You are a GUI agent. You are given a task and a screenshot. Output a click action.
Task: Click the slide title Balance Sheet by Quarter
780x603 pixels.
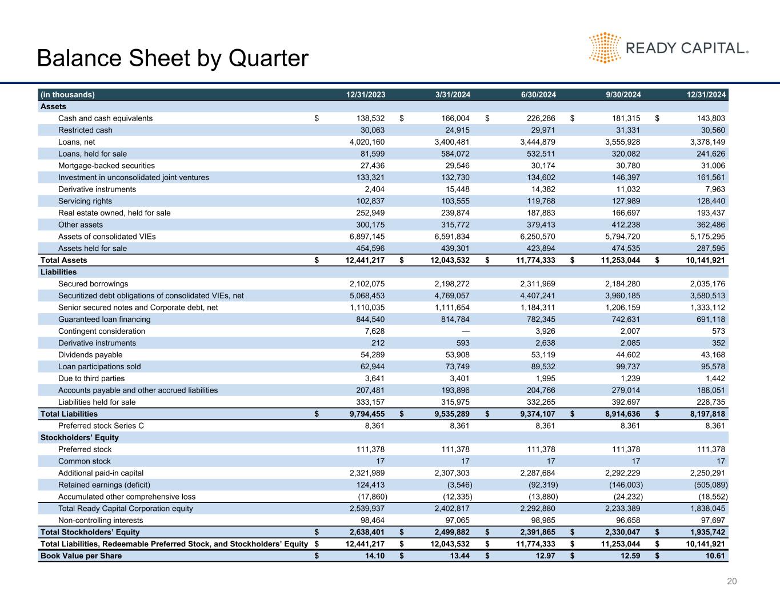coord(172,58)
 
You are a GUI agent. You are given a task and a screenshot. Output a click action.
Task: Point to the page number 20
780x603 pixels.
coord(732,581)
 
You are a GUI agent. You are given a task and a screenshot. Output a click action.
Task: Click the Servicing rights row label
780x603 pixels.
coord(85,201)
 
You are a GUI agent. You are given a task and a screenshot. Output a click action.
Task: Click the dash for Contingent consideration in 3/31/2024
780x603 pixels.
coord(465,332)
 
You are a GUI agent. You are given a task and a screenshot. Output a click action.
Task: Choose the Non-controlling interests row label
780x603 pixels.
coord(101,520)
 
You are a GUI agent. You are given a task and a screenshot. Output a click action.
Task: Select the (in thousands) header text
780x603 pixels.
coord(67,95)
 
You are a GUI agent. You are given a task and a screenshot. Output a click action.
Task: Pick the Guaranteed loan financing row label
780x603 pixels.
coord(105,320)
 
